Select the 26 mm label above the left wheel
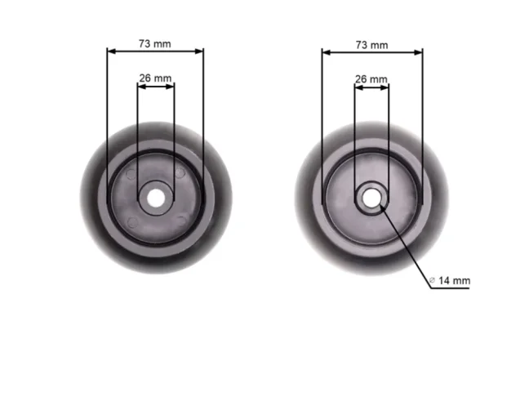click(155, 78)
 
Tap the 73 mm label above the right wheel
click(372, 44)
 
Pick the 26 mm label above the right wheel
click(371, 79)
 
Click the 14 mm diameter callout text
click(455, 281)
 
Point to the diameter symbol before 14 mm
click(433, 281)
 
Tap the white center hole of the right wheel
click(371, 196)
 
